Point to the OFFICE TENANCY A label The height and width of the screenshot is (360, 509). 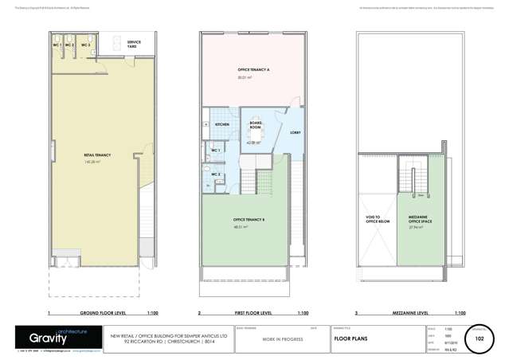tap(253, 71)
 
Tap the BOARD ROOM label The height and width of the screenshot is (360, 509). tap(255, 125)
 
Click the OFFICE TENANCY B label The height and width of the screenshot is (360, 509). tap(249, 220)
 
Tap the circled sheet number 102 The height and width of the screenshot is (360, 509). tap(480, 338)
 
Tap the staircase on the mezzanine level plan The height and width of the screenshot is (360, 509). tap(416, 179)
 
